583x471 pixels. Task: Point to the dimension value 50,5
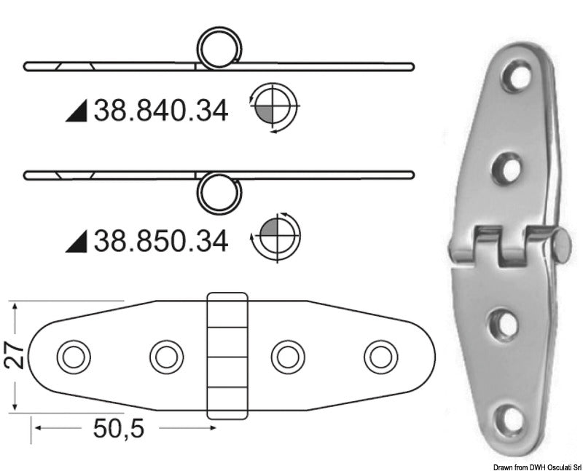pyautogui.click(x=119, y=429)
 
